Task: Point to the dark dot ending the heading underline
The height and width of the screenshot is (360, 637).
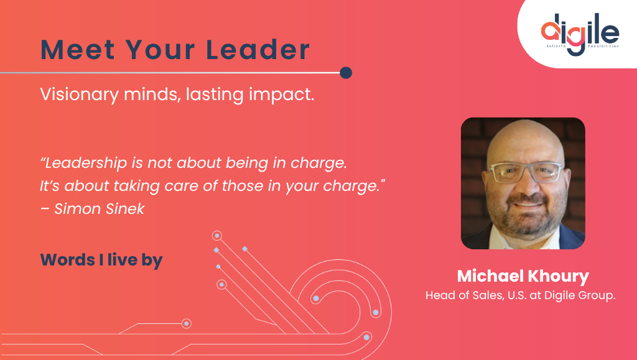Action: point(346,73)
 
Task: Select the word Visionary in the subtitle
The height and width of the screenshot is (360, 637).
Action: point(75,96)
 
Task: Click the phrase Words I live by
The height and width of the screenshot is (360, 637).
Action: point(101,260)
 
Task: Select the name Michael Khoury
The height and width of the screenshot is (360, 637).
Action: point(523,276)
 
